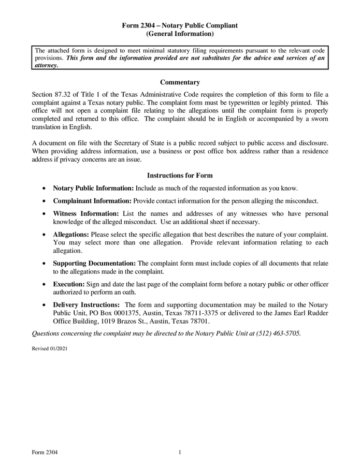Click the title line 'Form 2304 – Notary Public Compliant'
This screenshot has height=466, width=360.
click(180, 25)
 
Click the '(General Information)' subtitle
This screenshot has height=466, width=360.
click(180, 34)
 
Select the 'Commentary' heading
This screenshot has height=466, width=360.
click(180, 82)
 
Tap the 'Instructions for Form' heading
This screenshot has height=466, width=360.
click(180, 176)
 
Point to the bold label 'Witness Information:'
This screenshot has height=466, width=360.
click(86, 213)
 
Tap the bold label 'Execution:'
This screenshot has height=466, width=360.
click(69, 285)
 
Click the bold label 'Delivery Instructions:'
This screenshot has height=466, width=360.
click(87, 305)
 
